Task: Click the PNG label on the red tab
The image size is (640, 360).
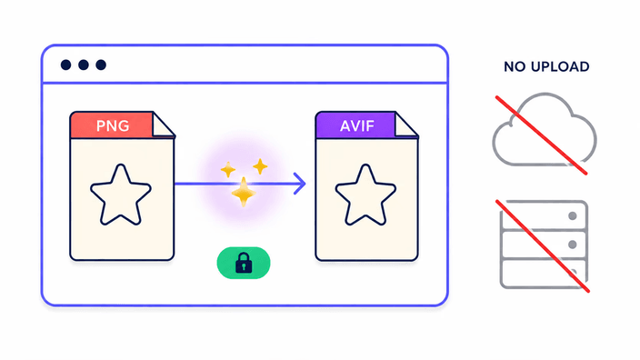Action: pyautogui.click(x=113, y=125)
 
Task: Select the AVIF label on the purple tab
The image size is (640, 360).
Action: pyautogui.click(x=357, y=125)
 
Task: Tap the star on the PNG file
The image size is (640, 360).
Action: pyautogui.click(x=121, y=195)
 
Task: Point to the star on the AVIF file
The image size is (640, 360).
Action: pyautogui.click(x=365, y=195)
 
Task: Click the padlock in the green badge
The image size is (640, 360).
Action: pyautogui.click(x=244, y=263)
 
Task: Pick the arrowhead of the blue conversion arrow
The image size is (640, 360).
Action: pyautogui.click(x=300, y=184)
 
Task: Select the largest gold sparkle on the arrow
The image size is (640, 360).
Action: pyautogui.click(x=244, y=192)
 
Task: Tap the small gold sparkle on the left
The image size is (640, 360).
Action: pyautogui.click(x=228, y=169)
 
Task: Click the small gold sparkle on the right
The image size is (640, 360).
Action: pyautogui.click(x=260, y=166)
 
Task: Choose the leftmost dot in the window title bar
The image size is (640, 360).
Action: pyautogui.click(x=65, y=65)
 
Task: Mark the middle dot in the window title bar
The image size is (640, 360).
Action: pyautogui.click(x=84, y=65)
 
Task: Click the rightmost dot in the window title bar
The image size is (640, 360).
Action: pyautogui.click(x=101, y=65)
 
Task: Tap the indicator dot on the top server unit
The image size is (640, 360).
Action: pyautogui.click(x=573, y=216)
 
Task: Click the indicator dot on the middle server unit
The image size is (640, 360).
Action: pyautogui.click(x=573, y=245)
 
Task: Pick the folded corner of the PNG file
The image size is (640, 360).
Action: pyautogui.click(x=164, y=125)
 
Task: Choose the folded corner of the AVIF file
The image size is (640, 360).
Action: pyautogui.click(x=406, y=125)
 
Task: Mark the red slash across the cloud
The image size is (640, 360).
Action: pyautogui.click(x=541, y=135)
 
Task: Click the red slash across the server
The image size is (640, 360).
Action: pyautogui.click(x=543, y=246)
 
